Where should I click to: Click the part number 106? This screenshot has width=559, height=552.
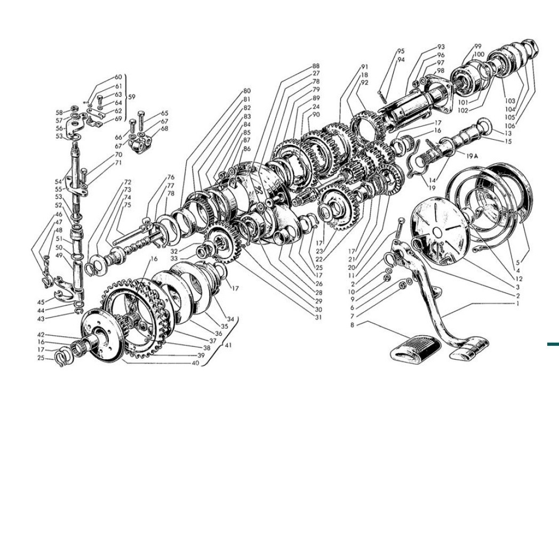tap(510, 126)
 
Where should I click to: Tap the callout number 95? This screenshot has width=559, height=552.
tap(401, 51)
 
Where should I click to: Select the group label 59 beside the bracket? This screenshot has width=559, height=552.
tap(132, 97)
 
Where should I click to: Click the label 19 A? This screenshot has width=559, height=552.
tap(472, 155)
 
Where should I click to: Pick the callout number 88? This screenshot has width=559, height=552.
tap(316, 66)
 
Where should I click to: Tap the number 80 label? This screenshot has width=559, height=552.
tap(247, 91)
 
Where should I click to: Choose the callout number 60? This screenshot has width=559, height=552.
tap(118, 77)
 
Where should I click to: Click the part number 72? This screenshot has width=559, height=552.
tap(127, 182)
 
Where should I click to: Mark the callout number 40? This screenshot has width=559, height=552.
tap(195, 363)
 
